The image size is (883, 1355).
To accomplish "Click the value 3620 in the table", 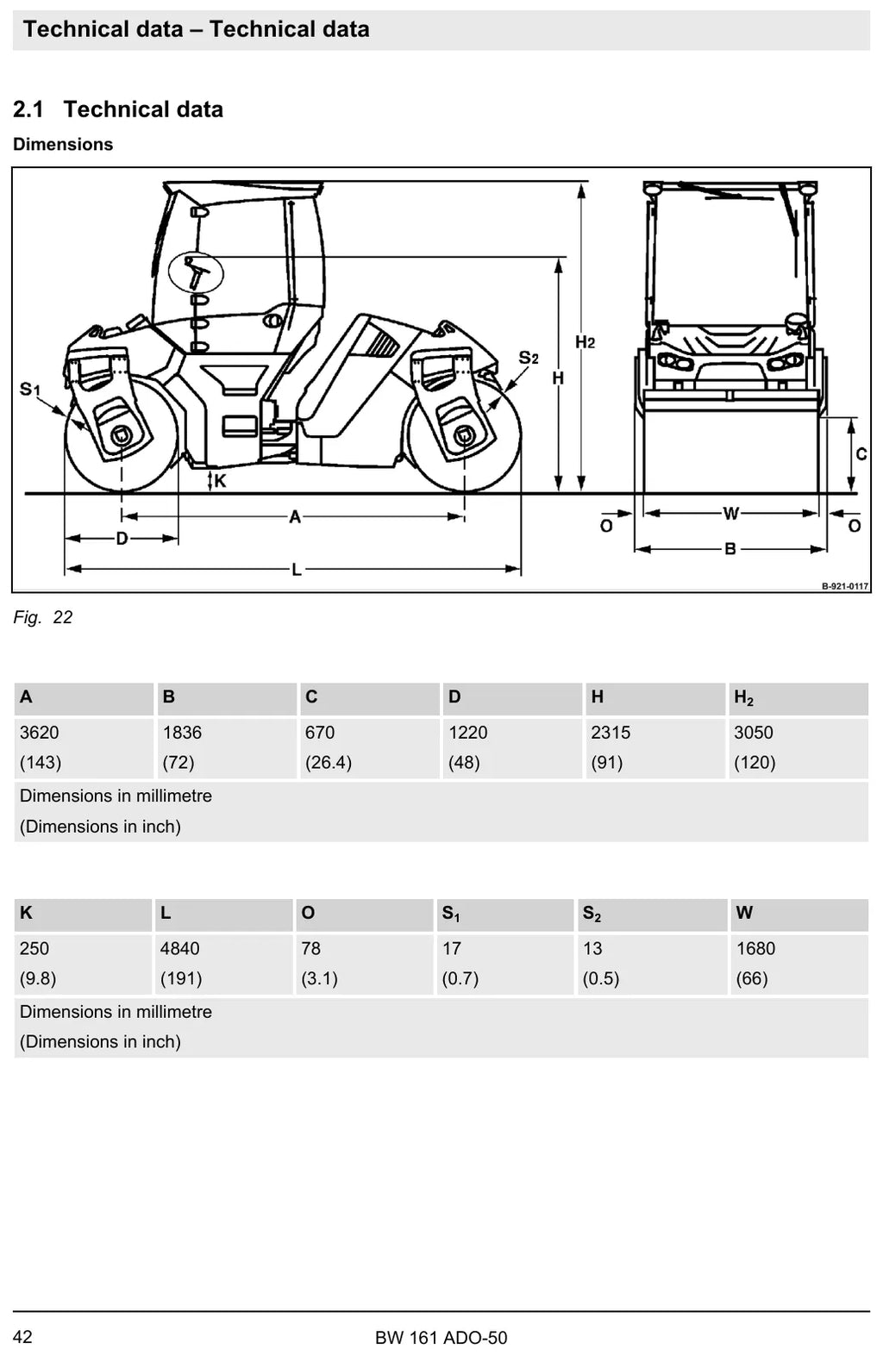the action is coord(40,733).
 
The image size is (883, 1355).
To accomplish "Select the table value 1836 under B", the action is coord(182,733).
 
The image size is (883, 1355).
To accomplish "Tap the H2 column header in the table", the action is coord(744,698).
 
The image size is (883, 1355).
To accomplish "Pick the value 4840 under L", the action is coord(179,948).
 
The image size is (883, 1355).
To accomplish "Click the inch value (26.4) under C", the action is coord(329,762).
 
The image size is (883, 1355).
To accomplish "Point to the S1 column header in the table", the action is coord(451,914).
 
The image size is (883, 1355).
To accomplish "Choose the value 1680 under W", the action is coord(756,948).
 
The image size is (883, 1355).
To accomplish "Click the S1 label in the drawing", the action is coord(29,389).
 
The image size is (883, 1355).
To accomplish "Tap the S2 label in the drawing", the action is coord(529,358).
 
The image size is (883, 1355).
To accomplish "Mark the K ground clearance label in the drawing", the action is coord(220,481).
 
